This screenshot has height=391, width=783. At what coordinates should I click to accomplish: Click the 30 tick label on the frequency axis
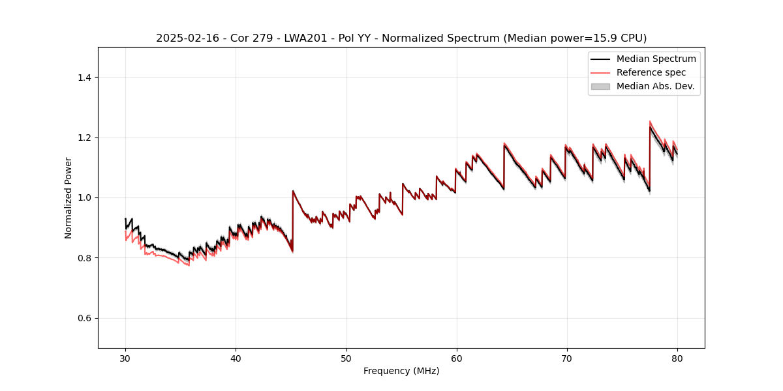pos(125,358)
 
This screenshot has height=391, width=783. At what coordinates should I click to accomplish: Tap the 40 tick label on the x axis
pos(236,358)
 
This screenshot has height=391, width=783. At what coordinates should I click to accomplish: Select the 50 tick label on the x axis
pos(346,358)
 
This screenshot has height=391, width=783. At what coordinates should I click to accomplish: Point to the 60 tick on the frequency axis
pos(456,358)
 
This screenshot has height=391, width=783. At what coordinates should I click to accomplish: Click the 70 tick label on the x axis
pos(566,358)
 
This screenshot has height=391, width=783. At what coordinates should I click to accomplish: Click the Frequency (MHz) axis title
pos(401,371)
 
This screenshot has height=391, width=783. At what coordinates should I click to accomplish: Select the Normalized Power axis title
pos(69,197)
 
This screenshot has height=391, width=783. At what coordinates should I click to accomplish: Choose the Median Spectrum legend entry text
pos(656,59)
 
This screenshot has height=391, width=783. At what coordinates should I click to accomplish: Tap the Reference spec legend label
pos(651,72)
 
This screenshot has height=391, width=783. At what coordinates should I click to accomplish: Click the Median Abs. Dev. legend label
pos(656,86)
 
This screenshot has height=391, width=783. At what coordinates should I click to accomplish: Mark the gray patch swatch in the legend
pos(600,86)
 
